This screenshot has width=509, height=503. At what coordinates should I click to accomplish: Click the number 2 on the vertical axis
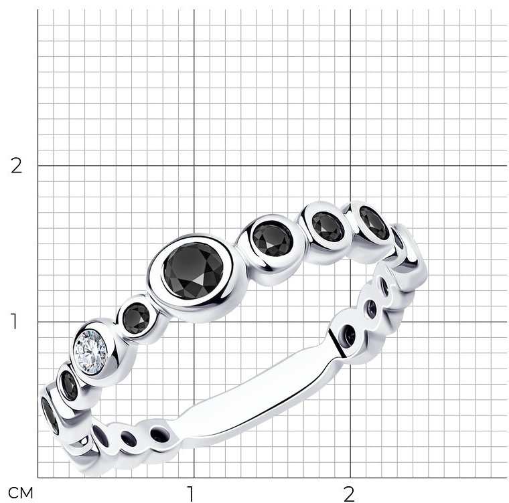pyautogui.click(x=16, y=166)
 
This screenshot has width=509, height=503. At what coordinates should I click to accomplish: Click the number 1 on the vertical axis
pyautogui.click(x=14, y=321)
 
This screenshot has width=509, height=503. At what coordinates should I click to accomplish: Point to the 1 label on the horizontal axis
pyautogui.click(x=190, y=494)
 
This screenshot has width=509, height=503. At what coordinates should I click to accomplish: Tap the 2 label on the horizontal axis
pyautogui.click(x=349, y=494)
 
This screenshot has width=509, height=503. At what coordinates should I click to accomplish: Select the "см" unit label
pyautogui.click(x=21, y=493)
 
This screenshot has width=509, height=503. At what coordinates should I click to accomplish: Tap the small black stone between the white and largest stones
pyautogui.click(x=137, y=316)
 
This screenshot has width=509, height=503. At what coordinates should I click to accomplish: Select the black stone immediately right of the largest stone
pyautogui.click(x=273, y=240)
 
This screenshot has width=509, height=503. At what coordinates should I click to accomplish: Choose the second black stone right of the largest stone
pyautogui.click(x=328, y=226)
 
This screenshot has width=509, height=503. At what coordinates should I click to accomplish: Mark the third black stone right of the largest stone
pyautogui.click(x=374, y=223)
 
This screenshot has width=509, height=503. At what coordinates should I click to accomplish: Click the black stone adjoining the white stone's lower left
pyautogui.click(x=69, y=385)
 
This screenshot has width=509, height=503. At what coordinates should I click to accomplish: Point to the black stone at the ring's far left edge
pyautogui.click(x=50, y=415)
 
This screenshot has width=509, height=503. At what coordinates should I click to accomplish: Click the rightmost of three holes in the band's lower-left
pyautogui.click(x=160, y=434)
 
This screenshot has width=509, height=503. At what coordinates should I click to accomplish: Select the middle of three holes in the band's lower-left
pyautogui.click(x=129, y=437)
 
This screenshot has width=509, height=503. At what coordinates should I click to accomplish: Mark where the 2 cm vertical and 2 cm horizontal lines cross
pyautogui.click(x=350, y=166)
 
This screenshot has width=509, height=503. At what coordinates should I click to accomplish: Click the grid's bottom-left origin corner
pyautogui.click(x=38, y=478)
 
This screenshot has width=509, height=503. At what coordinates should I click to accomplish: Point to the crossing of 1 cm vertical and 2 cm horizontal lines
pyautogui.click(x=194, y=166)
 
